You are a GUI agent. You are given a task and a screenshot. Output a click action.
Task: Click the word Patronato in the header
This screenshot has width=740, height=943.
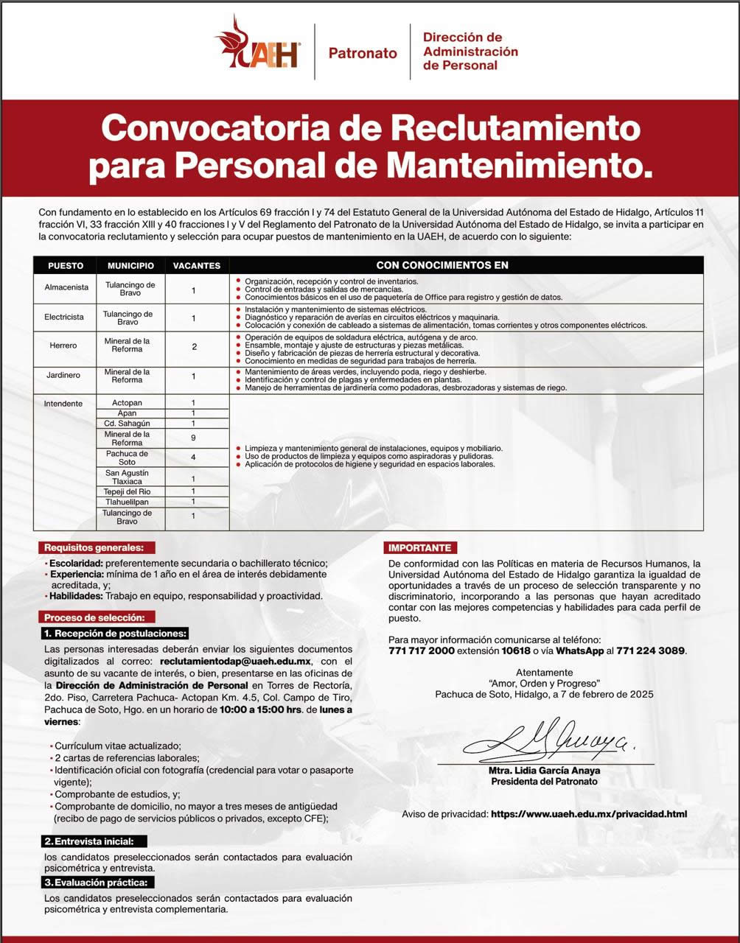click(x=363, y=53)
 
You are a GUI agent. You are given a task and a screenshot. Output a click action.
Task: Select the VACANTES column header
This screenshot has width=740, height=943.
click(x=197, y=265)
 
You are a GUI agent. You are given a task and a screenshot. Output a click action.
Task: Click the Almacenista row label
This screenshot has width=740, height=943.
click(x=66, y=288)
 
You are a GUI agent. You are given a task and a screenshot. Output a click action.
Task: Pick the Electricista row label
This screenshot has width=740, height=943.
click(x=64, y=318)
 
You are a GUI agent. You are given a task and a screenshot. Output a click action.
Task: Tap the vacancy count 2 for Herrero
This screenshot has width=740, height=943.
click(x=195, y=346)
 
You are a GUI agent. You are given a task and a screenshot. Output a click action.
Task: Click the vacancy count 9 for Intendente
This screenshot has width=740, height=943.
click(x=193, y=438)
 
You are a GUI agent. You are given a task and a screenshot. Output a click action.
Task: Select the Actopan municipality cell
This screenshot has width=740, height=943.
click(x=128, y=403)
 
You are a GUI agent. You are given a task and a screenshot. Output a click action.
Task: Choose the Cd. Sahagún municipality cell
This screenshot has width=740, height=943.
click(x=128, y=424)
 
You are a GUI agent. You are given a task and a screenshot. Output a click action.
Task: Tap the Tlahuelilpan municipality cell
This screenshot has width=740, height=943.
click(x=128, y=502)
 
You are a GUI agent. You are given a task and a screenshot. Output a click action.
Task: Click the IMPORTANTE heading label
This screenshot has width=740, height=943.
click(x=420, y=548)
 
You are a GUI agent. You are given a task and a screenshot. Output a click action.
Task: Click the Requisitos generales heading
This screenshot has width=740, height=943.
click(x=97, y=547)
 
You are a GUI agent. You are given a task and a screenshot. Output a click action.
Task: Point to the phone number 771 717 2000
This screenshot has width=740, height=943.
click(x=421, y=651)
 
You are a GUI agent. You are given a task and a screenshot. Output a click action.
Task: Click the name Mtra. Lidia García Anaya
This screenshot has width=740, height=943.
click(x=544, y=771)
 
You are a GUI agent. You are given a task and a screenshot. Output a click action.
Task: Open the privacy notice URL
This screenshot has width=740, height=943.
click(x=588, y=814)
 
